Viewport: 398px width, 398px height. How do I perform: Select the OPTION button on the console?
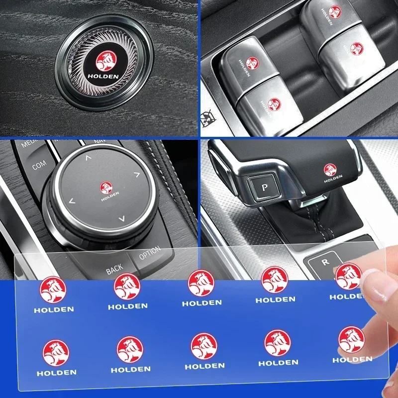coord(149,253)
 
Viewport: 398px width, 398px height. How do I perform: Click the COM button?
coord(39,165)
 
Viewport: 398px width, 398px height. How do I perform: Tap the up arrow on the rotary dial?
coord(88,158)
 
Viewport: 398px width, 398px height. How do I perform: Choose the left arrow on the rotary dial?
coord(72,201)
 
